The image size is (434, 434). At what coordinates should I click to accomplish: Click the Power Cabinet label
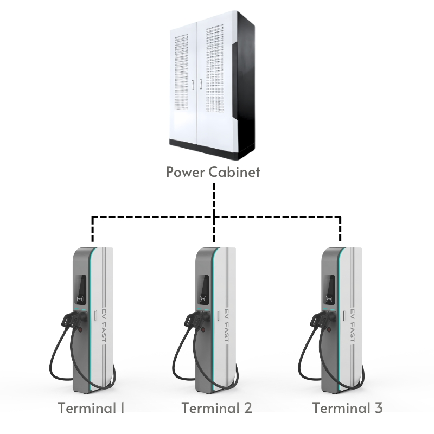point(213,173)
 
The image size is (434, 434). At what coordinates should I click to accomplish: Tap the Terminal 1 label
point(91,407)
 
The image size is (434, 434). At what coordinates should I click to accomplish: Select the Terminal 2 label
point(216,407)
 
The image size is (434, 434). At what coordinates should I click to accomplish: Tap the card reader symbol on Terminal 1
point(81,298)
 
